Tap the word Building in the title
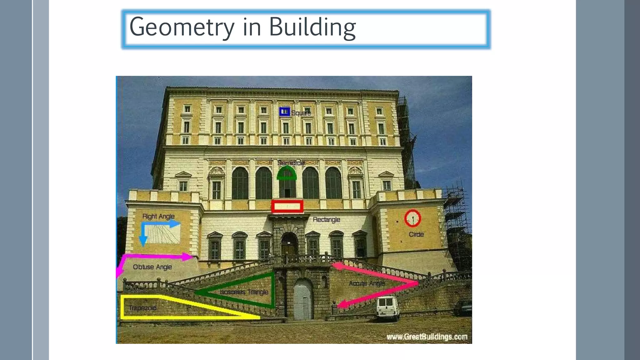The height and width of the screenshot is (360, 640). [312, 27]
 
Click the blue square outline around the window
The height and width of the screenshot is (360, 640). [284, 112]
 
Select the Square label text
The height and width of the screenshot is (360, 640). [301, 113]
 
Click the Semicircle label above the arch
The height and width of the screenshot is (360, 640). [291, 163]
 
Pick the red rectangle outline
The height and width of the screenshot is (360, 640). [287, 206]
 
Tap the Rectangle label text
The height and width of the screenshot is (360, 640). [326, 220]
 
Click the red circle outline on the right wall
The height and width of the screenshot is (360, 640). [412, 218]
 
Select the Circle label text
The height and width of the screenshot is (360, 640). [416, 234]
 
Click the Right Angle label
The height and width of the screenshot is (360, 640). [158, 216]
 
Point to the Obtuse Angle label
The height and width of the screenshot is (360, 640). [152, 267]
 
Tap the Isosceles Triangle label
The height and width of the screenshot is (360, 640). [244, 292]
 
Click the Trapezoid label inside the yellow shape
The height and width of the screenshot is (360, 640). [142, 308]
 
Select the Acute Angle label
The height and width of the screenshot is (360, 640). [367, 283]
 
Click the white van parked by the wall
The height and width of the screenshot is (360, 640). [387, 307]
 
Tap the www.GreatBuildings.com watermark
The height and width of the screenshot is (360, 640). [427, 337]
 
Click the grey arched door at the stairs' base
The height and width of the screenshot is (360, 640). [302, 300]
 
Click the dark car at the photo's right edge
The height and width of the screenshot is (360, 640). [463, 308]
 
